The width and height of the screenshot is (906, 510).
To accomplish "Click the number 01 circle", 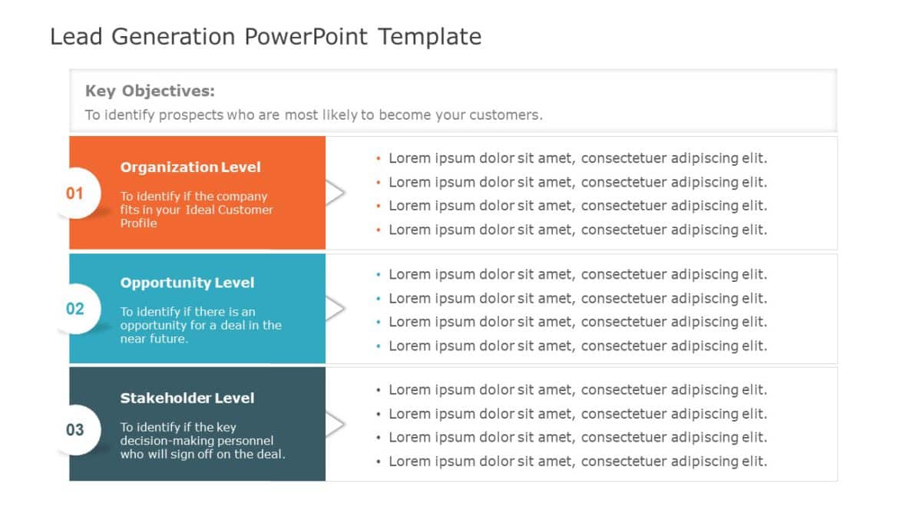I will tap(74, 193).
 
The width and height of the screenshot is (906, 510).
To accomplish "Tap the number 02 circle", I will tap(74, 309).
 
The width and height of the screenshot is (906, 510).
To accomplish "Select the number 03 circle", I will tap(74, 429).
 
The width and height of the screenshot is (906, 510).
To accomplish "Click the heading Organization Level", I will tap(190, 167).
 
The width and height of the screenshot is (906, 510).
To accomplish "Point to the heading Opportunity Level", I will tap(187, 283).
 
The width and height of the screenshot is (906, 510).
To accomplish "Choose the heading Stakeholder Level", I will tap(187, 398).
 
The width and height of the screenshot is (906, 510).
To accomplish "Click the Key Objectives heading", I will tap(150, 91).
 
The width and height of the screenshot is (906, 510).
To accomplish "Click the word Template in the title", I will tap(429, 37).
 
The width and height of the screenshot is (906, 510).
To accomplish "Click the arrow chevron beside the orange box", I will tap(336, 193).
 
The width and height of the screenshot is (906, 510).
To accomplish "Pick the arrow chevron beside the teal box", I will tap(336, 309).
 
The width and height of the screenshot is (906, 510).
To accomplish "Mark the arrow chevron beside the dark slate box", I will tap(336, 424).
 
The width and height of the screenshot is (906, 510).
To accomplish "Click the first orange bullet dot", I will tap(379, 159).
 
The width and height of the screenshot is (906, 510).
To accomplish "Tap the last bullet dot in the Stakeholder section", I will tap(379, 462).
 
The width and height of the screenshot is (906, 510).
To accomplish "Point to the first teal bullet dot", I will tap(379, 275).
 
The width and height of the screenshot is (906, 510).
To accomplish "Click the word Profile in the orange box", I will tap(138, 224).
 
